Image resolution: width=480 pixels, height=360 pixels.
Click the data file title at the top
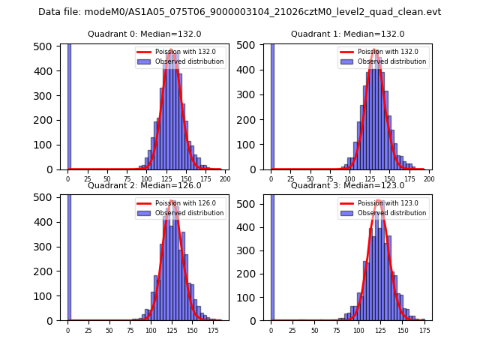(x=239, y=12)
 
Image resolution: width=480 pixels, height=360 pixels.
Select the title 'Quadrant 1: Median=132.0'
(x=347, y=34)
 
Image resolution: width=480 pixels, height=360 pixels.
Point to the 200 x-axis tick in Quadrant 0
(x=224, y=179)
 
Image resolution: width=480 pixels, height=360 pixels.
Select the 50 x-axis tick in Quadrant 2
(x=109, y=330)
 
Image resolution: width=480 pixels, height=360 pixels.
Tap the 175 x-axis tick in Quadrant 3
(x=424, y=330)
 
